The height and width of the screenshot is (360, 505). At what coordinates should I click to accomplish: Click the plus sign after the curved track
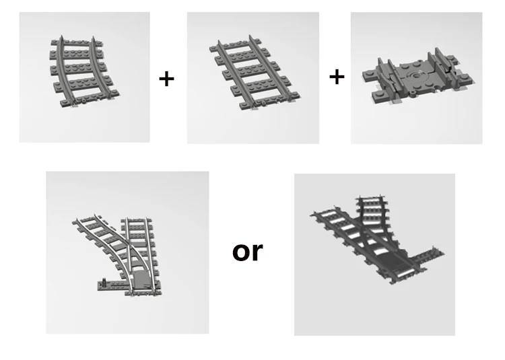tap(166, 79)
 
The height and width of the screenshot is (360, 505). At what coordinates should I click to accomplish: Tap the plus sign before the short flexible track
tap(337, 77)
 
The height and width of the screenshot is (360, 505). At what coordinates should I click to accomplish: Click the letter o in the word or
tap(242, 252)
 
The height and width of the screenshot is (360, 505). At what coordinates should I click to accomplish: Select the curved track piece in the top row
tap(83, 71)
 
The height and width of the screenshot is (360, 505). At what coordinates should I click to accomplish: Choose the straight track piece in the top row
tap(255, 73)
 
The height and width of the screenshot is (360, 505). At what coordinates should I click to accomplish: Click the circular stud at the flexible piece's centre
tap(417, 76)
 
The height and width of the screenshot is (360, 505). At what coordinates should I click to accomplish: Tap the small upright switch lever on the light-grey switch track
tap(104, 281)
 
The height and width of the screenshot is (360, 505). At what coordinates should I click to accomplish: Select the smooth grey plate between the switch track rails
tap(141, 279)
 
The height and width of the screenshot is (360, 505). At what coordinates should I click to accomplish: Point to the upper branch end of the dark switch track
tap(371, 200)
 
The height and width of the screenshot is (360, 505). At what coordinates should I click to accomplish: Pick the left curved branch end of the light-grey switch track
tap(84, 220)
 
